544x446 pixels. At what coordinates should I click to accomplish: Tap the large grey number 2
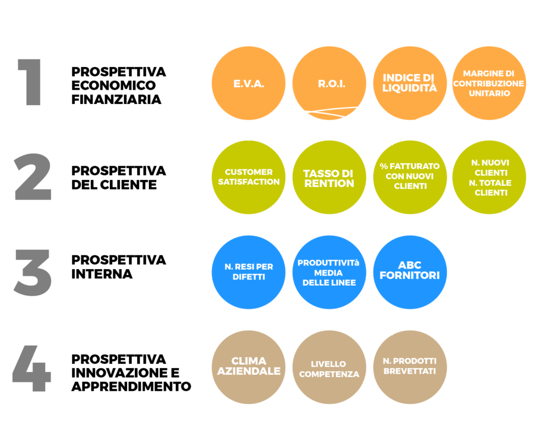click(32, 176)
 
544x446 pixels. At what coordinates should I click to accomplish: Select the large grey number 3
click(32, 272)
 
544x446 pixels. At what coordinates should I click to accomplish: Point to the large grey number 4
click(31, 368)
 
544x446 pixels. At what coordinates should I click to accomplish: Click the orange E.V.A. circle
click(249, 83)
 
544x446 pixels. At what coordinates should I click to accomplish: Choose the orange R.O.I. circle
click(329, 83)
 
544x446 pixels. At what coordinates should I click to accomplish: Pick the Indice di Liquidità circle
click(410, 83)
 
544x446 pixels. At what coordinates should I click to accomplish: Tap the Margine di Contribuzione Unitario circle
click(489, 83)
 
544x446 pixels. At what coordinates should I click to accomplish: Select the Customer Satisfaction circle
click(249, 177)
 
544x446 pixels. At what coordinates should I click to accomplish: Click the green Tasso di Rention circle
click(329, 177)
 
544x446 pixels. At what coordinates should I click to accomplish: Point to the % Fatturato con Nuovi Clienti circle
click(410, 177)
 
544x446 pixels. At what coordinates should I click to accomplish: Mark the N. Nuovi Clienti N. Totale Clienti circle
click(489, 177)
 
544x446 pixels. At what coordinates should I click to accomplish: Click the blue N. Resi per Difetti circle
click(249, 272)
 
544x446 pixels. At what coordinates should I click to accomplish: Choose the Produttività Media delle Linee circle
click(329, 272)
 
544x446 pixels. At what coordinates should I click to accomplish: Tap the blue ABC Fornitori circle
click(410, 272)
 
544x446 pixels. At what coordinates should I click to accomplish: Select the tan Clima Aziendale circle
click(249, 367)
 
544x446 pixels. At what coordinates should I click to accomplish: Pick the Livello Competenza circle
click(329, 367)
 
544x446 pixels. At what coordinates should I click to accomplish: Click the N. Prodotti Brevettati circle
click(410, 367)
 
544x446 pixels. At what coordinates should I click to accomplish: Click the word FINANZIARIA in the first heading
click(116, 99)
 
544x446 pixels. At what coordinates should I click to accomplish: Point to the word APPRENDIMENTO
click(131, 387)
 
